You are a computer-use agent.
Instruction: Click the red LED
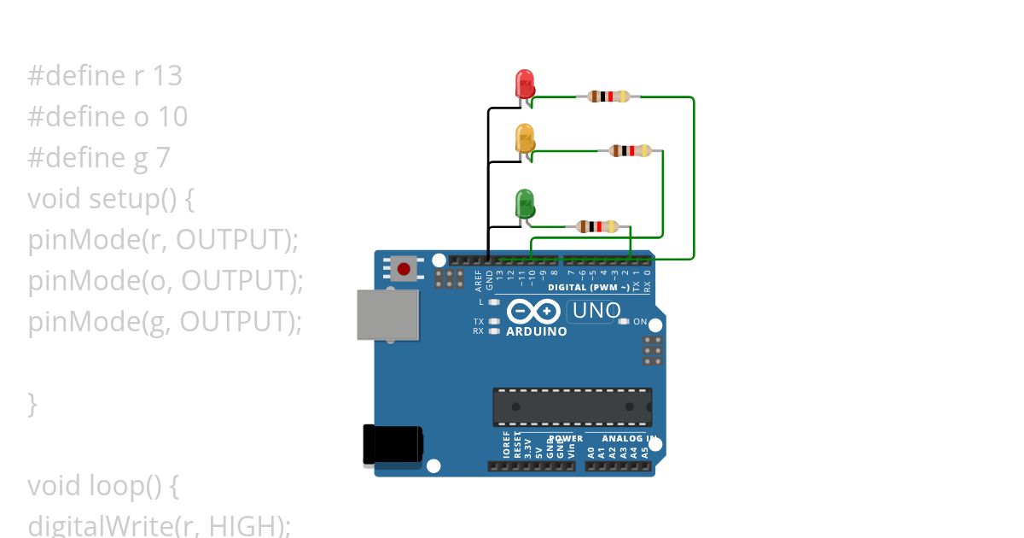pyautogui.click(x=525, y=84)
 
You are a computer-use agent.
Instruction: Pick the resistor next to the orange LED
pyautogui.click(x=631, y=151)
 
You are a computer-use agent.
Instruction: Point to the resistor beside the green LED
pyautogui.click(x=596, y=226)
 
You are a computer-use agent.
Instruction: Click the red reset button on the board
pyautogui.click(x=403, y=269)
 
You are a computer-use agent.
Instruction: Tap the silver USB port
pyautogui.click(x=387, y=314)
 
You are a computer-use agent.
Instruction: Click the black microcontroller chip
pyautogui.click(x=572, y=406)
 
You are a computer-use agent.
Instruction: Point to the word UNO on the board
pyautogui.click(x=596, y=311)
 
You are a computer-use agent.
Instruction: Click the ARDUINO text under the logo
pyautogui.click(x=537, y=331)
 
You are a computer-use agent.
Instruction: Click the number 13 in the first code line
pyautogui.click(x=167, y=76)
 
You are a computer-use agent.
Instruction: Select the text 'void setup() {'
pyautogui.click(x=112, y=199)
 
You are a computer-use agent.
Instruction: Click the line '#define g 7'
pyautogui.click(x=99, y=158)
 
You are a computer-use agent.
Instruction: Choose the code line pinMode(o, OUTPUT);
pyautogui.click(x=166, y=281)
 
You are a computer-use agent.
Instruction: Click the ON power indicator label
pyautogui.click(x=640, y=323)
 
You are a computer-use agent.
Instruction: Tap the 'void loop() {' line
pyautogui.click(x=103, y=486)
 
